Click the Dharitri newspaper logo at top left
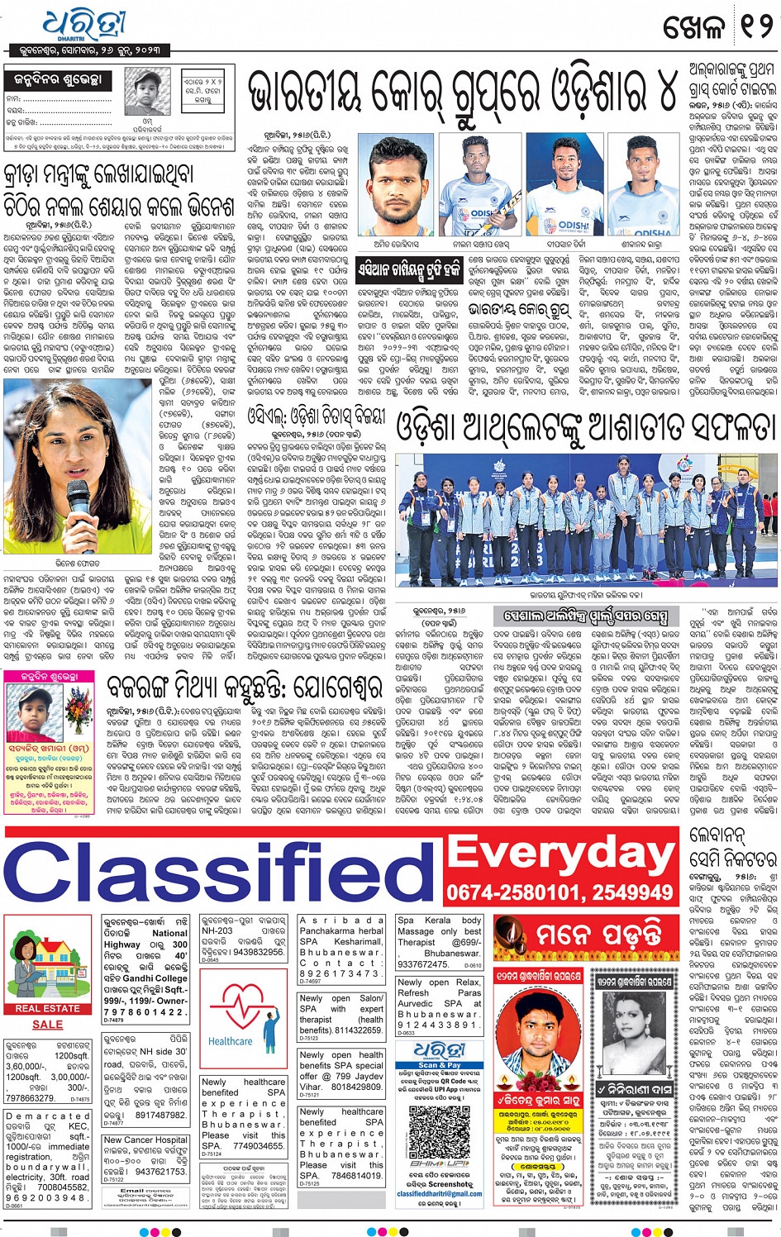[83, 24]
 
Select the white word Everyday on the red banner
[562, 852]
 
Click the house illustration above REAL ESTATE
[48, 959]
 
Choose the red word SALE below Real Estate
[48, 1025]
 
